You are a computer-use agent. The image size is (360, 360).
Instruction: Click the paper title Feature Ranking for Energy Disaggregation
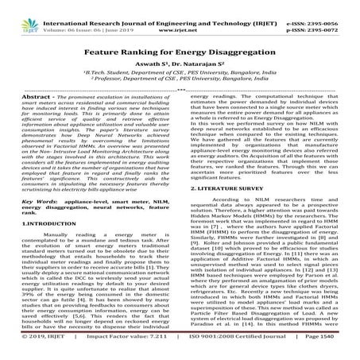coord(180,47)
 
